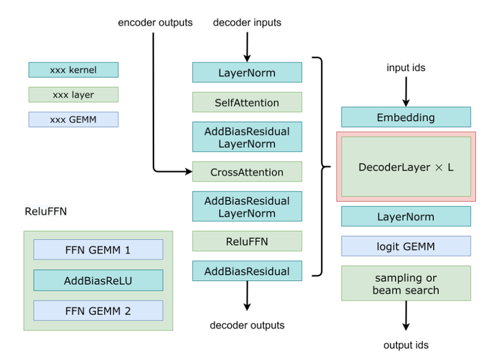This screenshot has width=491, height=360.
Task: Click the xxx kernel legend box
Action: coord(73,70)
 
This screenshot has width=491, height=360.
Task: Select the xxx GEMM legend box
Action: coord(73,119)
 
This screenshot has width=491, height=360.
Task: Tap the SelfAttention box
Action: coord(247,102)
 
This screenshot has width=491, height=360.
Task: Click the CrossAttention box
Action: coord(247,172)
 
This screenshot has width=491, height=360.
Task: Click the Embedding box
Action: coord(406,117)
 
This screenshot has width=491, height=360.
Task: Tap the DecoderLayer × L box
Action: coord(406,166)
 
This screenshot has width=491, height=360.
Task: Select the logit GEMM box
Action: coord(406,245)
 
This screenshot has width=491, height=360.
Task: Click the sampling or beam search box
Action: coord(406,283)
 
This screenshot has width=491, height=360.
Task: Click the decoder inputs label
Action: coord(247,22)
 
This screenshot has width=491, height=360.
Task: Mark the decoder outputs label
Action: coord(247,325)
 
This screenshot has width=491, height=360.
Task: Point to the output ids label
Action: coord(406,345)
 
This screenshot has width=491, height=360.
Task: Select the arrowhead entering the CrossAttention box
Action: coord(189,172)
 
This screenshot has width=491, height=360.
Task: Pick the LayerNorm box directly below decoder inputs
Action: coord(247,73)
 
